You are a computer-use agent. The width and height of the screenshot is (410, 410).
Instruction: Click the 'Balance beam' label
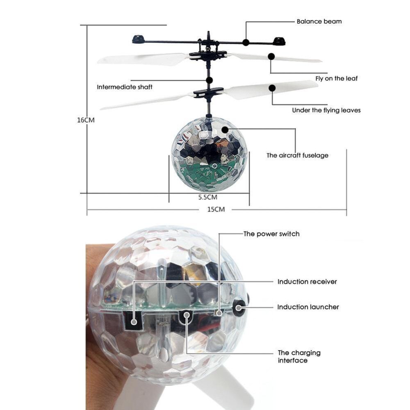click(319, 21)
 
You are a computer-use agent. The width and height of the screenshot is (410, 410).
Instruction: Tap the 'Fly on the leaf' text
click(336, 78)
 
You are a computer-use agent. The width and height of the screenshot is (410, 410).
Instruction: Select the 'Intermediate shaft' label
click(125, 87)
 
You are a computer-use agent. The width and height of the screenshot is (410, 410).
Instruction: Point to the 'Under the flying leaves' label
click(326, 110)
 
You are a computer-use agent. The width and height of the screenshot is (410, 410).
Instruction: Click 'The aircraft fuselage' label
click(297, 155)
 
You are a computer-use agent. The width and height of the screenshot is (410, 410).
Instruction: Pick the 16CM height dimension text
click(86, 120)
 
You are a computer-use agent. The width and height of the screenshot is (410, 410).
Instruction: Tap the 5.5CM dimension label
click(207, 197)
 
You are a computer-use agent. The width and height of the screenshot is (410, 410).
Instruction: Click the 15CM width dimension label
click(216, 210)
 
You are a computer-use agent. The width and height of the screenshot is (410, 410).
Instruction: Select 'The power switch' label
click(271, 234)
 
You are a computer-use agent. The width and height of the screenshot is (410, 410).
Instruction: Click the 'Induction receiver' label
click(307, 282)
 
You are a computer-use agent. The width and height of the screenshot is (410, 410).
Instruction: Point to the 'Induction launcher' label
click(308, 307)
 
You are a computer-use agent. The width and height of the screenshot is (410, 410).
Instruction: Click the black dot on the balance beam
click(246, 42)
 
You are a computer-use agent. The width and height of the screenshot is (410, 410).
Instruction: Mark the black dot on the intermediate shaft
click(210, 80)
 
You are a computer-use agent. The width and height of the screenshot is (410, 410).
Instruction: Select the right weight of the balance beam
click(280, 41)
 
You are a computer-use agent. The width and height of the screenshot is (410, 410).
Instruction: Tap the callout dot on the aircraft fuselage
click(225, 130)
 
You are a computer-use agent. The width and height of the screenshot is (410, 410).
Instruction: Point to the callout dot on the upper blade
click(271, 57)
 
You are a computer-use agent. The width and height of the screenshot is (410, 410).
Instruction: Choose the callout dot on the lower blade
click(271, 88)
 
